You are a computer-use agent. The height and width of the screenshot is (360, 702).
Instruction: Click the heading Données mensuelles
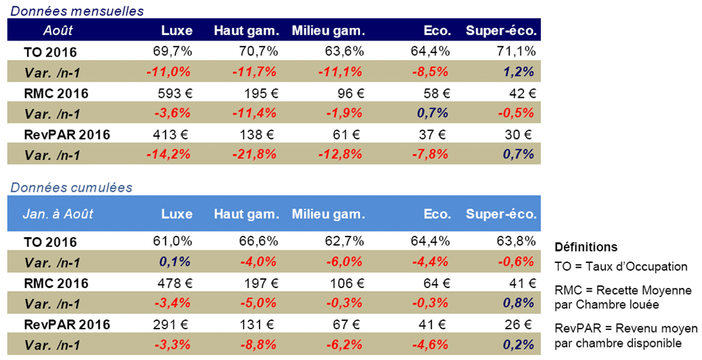pos(76,10)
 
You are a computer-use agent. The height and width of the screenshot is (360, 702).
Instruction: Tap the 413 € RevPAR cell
pos(172,133)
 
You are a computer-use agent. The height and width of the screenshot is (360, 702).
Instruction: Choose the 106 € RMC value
pos(348,283)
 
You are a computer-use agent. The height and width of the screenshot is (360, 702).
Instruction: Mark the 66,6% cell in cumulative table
pos(261,242)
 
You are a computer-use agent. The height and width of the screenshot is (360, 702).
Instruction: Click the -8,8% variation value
pos(258,345)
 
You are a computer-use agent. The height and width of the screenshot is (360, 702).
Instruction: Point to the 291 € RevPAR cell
pos(173,324)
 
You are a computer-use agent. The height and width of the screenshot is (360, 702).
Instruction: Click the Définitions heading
pos(585,247)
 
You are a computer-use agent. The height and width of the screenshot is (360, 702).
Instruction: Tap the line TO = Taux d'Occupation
pos(620,266)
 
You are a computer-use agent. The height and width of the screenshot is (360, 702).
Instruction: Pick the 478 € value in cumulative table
pos(173,283)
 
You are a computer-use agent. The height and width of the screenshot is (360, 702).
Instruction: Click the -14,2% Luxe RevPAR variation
pos(168,153)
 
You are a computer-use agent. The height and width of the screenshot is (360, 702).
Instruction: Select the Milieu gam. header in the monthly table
pos(328,31)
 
